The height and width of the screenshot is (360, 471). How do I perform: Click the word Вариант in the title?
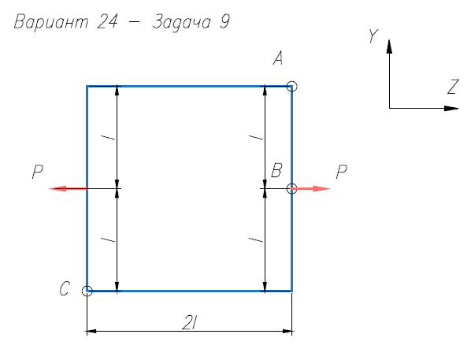51,21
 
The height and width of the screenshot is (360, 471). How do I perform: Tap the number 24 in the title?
107,21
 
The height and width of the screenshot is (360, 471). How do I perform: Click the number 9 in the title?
224,21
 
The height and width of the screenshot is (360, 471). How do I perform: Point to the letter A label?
278,58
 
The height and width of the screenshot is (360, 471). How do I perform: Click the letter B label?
276,170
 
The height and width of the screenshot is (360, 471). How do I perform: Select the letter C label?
65,289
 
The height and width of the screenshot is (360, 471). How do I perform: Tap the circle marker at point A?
291,86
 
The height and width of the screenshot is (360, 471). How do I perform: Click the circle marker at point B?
291,189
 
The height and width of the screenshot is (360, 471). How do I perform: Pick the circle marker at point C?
87,291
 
